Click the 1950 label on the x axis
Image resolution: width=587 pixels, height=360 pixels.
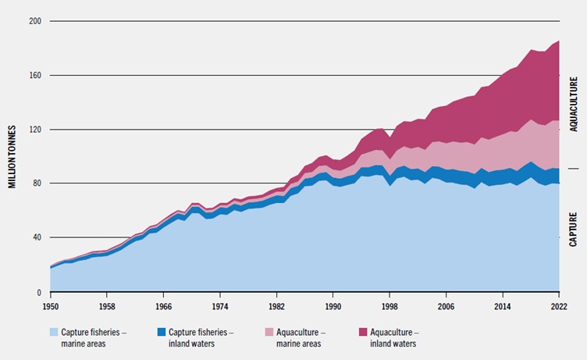pyautogui.click(x=50, y=307)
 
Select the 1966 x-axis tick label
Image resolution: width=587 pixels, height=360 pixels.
pyautogui.click(x=163, y=307)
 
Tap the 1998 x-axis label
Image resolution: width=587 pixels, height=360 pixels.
pyautogui.click(x=390, y=307)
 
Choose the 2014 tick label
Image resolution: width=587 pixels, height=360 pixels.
pyautogui.click(x=503, y=307)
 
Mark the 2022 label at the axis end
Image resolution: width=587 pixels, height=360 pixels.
pyautogui.click(x=559, y=307)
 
